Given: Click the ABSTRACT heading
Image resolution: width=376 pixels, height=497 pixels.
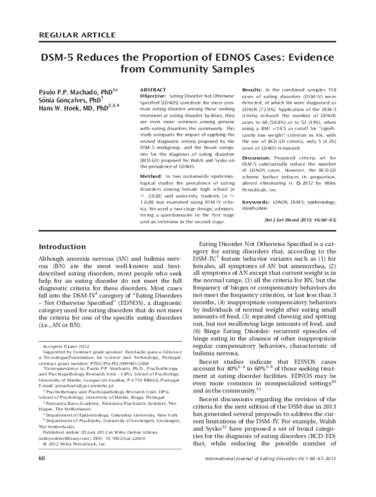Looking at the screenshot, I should click(x=153, y=90).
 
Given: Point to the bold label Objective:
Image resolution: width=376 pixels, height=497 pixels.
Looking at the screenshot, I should click(x=154, y=96).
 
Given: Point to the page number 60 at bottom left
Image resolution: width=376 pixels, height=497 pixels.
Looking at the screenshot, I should click(x=41, y=476).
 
